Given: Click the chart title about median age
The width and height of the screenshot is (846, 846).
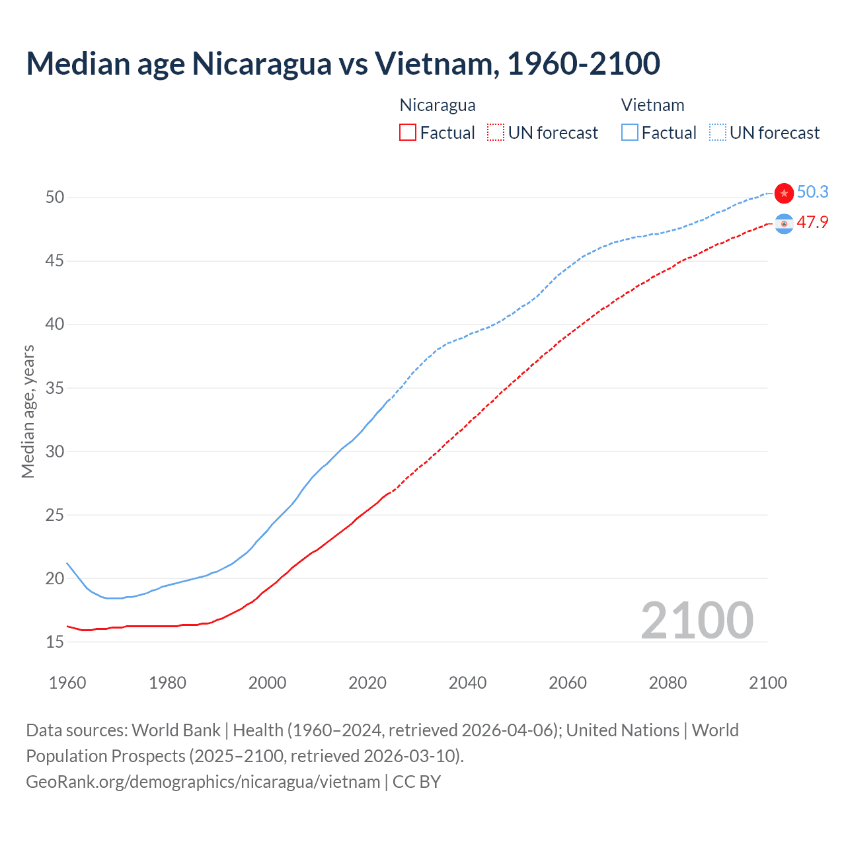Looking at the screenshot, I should pyautogui.click(x=343, y=63).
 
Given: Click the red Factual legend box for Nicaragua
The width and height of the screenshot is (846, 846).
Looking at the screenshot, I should pyautogui.click(x=408, y=132).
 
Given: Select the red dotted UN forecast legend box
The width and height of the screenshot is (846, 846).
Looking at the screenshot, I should pyautogui.click(x=496, y=132).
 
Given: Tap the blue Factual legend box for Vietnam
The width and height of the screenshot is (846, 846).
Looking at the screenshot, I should pyautogui.click(x=630, y=132).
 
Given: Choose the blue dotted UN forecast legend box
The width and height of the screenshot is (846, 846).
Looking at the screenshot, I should pyautogui.click(x=718, y=132).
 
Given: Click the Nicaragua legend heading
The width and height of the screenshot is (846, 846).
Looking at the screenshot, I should pyautogui.click(x=438, y=105).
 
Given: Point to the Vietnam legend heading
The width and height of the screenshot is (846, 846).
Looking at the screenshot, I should pyautogui.click(x=652, y=105).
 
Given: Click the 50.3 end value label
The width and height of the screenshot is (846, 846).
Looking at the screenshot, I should pyautogui.click(x=812, y=192).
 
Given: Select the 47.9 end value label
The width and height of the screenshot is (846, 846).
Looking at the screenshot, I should pyautogui.click(x=812, y=222).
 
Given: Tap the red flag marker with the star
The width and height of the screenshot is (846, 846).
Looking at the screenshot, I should pyautogui.click(x=784, y=193).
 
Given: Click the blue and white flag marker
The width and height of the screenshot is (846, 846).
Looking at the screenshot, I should pyautogui.click(x=784, y=225).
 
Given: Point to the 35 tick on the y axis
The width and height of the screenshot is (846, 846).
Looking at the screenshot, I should pyautogui.click(x=55, y=388).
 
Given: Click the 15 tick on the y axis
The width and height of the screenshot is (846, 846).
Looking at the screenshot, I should pyautogui.click(x=55, y=642).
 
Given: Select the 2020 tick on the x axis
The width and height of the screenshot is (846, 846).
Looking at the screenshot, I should pyautogui.click(x=367, y=683).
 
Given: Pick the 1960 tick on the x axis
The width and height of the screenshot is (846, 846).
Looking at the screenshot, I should pyautogui.click(x=67, y=683).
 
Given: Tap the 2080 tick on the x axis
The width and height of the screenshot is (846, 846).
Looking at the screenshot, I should pyautogui.click(x=668, y=683).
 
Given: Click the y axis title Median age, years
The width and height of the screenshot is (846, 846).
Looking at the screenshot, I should pyautogui.click(x=28, y=411).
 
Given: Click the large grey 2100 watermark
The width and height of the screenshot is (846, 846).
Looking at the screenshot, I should pyautogui.click(x=697, y=620).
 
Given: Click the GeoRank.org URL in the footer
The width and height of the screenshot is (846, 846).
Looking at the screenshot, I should pyautogui.click(x=203, y=781).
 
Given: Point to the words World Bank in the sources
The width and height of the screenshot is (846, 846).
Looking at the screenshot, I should pyautogui.click(x=176, y=730).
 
